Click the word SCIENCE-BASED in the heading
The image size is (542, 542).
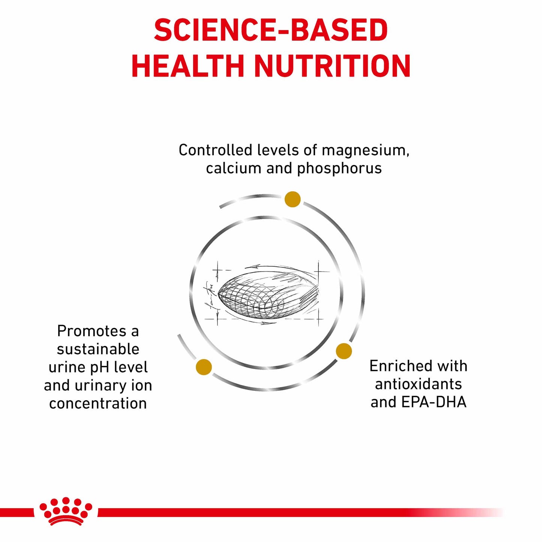coord(270,30)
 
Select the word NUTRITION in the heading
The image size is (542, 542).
coord(332,66)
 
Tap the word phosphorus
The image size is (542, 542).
coord(339,169)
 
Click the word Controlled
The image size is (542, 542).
coord(215,150)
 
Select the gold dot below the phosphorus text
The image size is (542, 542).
coord(293,199)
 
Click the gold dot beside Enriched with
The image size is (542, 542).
coord(344,351)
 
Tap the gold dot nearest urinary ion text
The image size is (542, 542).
coord(204,367)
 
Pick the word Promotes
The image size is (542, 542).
coord(92,331)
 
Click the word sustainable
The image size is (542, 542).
coord(98,349)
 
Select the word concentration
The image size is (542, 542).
coord(98,404)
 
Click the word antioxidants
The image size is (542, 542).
coord(418,384)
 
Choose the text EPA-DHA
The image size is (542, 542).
coord(434,402)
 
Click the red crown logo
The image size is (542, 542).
coord(66,511)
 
